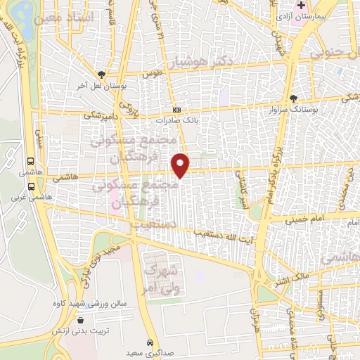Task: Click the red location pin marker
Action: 181,165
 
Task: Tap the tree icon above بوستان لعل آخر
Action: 103,75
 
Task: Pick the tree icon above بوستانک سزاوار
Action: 294,99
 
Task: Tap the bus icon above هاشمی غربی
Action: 31,186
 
